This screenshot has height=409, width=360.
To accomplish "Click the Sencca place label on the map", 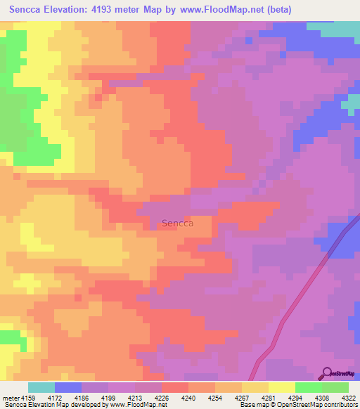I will coord(177,223).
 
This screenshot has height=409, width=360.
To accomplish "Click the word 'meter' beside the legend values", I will coord(10,398).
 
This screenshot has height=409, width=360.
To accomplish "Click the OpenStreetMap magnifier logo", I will coord(327,372).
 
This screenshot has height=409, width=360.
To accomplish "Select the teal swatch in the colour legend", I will coord(41,387).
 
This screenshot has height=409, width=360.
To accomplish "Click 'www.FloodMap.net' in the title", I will coord(219,9).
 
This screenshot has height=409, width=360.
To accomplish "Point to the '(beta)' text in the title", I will coord(276,9).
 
